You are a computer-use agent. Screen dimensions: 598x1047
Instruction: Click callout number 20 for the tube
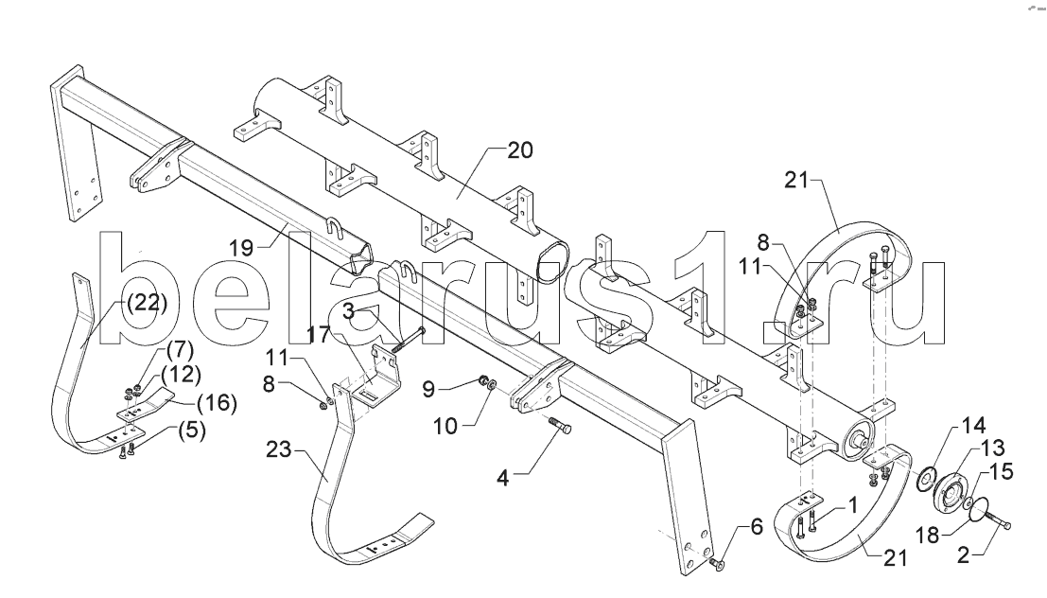[x=519, y=149]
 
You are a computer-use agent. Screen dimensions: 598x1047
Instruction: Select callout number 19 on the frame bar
[x=242, y=249]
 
